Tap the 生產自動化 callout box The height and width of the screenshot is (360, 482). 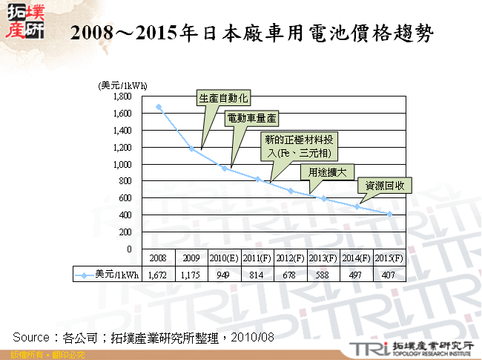click(224, 98)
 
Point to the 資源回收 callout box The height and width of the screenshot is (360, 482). click(384, 186)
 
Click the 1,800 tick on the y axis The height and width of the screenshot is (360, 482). click(122, 96)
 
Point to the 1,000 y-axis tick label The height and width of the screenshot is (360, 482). click(122, 164)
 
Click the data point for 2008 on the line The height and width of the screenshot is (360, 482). click(158, 107)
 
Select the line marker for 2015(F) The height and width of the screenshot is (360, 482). click(390, 215)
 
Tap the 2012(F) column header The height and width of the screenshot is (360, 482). click(291, 258)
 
